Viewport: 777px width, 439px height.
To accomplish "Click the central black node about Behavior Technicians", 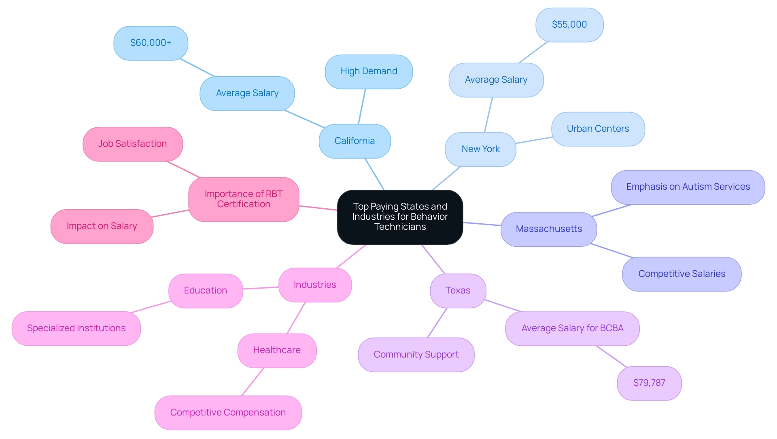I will (400, 217).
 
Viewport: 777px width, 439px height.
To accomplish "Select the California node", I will (355, 141).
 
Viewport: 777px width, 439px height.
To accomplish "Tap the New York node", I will (480, 149).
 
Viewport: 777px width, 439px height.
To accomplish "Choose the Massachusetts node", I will (549, 229).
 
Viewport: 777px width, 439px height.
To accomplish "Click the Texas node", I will (458, 291).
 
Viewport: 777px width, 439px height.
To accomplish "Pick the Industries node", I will (315, 285).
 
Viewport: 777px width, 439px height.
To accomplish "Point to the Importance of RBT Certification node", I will (244, 199).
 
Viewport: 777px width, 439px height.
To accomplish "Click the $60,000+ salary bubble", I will (151, 43).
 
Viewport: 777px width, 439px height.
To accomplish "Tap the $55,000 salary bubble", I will (569, 25).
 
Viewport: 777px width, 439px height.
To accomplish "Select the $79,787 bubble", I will (649, 383).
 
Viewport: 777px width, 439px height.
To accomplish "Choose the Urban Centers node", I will (598, 129).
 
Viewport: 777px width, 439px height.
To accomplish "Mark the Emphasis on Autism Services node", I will (688, 187).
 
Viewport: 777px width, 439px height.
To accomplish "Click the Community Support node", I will (416, 355).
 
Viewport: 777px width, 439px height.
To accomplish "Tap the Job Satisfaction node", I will (132, 144).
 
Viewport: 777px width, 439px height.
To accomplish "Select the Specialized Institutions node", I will (76, 328).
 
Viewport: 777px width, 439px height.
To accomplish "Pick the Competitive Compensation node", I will (228, 413).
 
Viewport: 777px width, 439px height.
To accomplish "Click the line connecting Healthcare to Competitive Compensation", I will (253, 382).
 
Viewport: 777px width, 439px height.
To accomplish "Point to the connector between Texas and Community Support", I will (437, 323).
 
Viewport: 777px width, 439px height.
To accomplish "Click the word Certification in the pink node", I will (244, 204).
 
